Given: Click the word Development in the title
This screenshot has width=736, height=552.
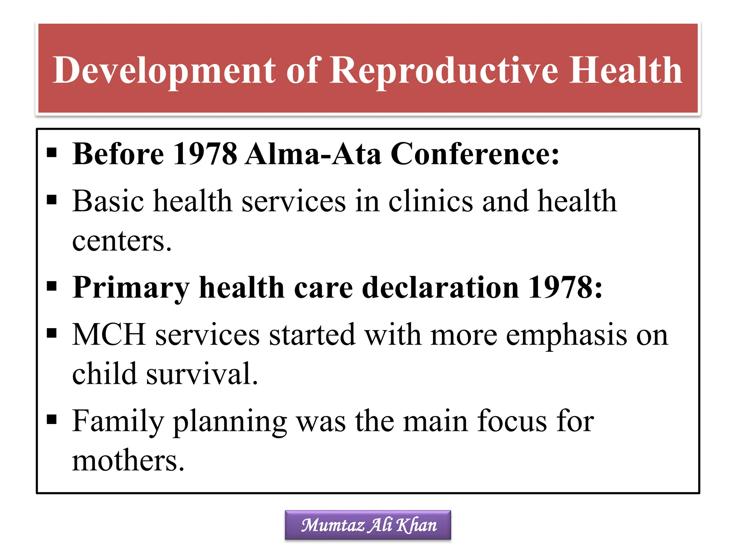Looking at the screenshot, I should point(164,71).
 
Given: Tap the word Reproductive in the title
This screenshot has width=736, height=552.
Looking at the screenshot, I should point(443,71).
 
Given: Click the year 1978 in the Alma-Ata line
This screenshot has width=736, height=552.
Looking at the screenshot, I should point(205,154).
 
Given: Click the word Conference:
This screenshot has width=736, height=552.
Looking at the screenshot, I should point(474,154).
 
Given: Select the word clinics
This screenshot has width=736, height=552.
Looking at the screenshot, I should point(431,201).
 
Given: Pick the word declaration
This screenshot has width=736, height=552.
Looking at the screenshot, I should point(440,287).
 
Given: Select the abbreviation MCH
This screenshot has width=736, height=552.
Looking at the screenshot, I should point(109,335).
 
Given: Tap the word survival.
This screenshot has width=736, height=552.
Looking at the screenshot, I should point(202,374).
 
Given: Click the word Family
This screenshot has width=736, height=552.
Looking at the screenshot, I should point(118,422).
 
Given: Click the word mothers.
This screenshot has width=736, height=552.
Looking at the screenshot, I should point(128,461).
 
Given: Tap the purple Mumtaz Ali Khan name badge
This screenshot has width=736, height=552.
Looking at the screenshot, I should point(368,525).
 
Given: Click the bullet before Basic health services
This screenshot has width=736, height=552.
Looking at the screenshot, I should point(52,199).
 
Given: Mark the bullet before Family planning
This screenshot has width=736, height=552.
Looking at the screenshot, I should point(52,419).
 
